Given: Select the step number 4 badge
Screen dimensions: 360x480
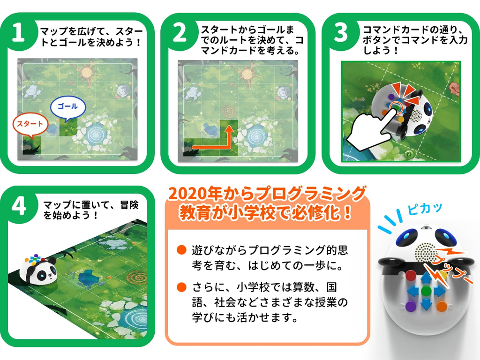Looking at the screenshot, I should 18,206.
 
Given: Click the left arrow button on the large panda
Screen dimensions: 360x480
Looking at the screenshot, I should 412,291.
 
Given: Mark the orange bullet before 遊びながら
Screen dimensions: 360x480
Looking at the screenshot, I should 181,249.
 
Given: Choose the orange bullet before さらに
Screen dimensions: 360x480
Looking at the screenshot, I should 181,286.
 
